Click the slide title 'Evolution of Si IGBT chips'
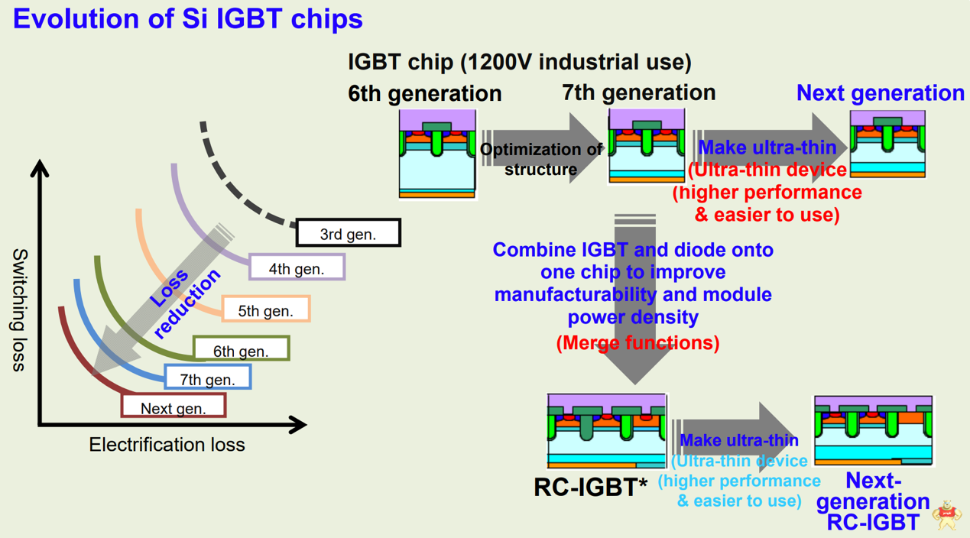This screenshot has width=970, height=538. tap(188, 18)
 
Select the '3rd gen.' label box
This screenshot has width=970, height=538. tap(349, 233)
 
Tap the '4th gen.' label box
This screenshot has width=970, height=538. tap(297, 268)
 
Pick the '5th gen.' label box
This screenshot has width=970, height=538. tap(265, 310)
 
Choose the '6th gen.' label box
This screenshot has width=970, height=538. tap(241, 351)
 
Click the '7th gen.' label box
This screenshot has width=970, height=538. tap(207, 378)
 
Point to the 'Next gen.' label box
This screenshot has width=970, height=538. tap(174, 407)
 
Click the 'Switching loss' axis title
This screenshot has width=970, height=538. tap(20, 310)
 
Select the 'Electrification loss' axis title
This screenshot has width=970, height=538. tap(167, 445)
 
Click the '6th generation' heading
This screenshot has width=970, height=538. tap(425, 93)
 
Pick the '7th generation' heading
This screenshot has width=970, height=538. tap(639, 92)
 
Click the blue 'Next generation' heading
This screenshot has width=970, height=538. tap(880, 93)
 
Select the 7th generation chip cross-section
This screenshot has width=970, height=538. tap(647, 146)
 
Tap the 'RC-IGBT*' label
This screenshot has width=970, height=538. tap(591, 487)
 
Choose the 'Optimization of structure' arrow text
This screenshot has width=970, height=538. tap(540, 159)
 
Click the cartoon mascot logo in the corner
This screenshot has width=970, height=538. tap(948, 515)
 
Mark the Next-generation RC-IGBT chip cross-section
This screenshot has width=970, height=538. tap(873, 431)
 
